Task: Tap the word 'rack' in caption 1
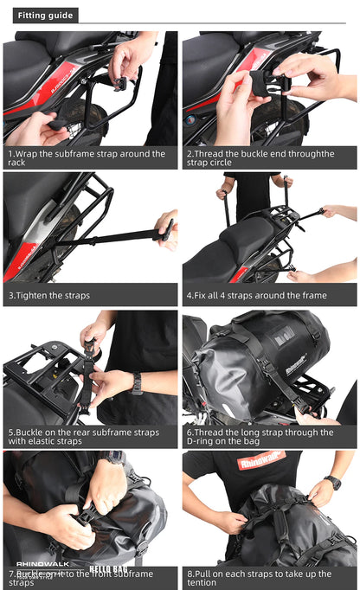pyautogui.click(x=17, y=163)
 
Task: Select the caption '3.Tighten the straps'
pyautogui.click(x=48, y=296)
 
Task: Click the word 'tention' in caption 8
pyautogui.click(x=204, y=583)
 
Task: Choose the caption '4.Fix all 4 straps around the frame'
pyautogui.click(x=256, y=296)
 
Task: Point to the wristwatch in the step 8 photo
pyautogui.click(x=333, y=483)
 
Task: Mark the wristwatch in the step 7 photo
pyautogui.click(x=113, y=459)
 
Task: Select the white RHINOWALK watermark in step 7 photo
pyautogui.click(x=41, y=542)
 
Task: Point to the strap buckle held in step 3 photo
pyautogui.click(x=165, y=231)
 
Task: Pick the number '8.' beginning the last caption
pyautogui.click(x=190, y=573)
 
